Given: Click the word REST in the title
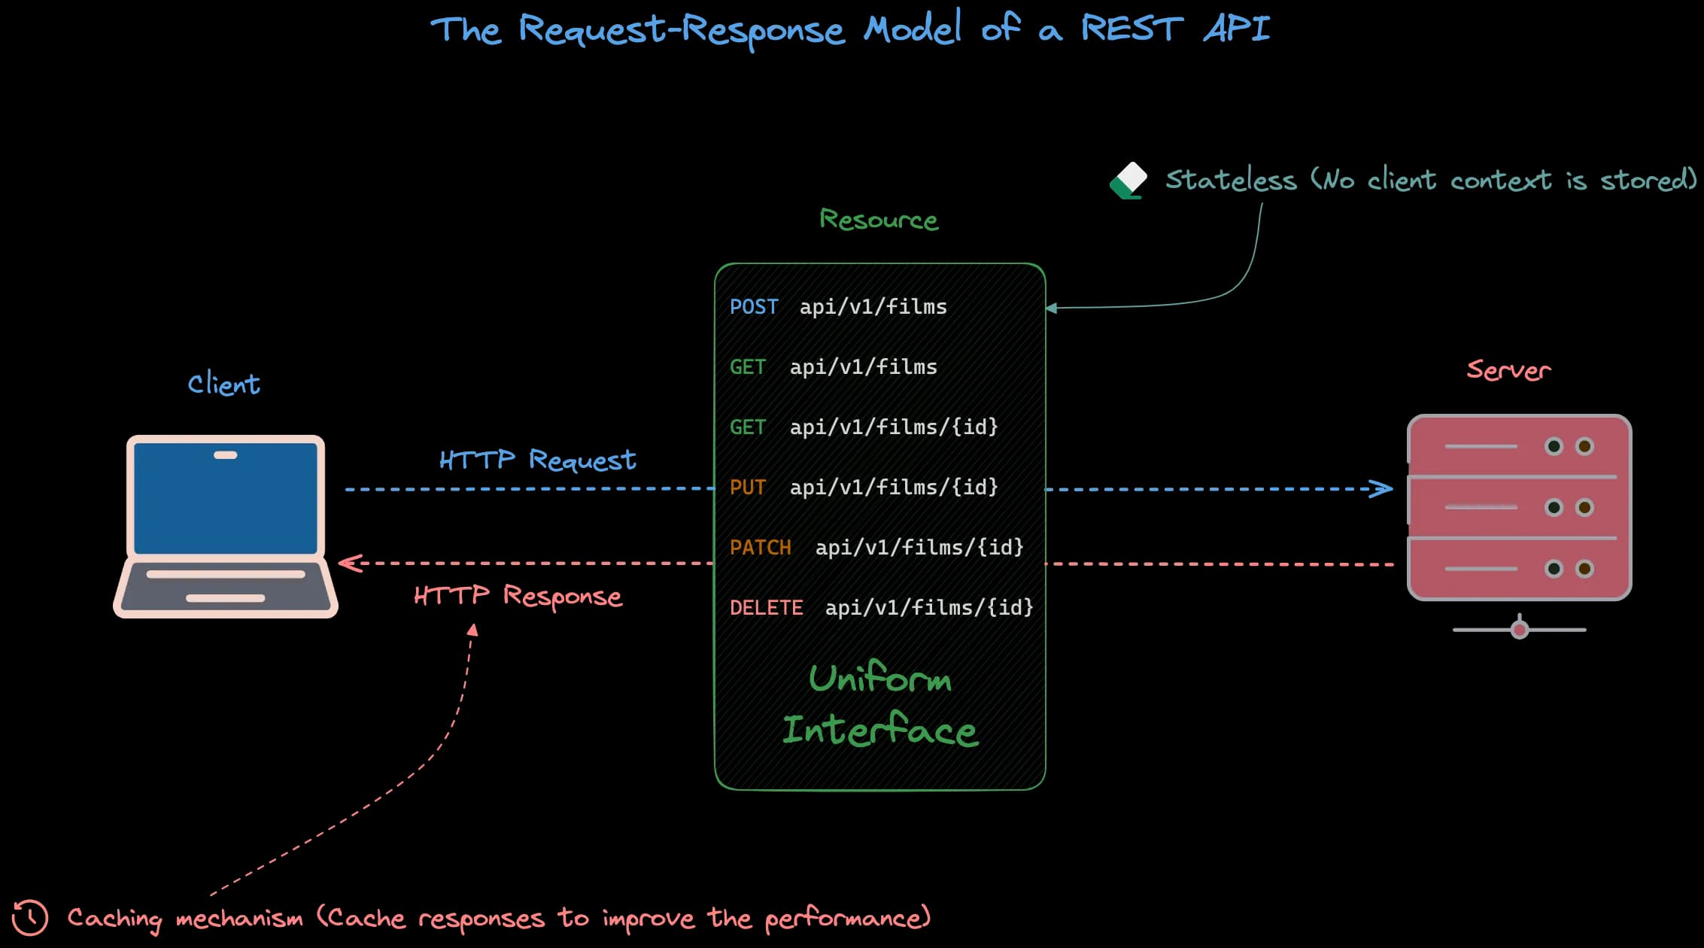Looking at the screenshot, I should [x=1132, y=29].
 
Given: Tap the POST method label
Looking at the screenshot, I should [x=754, y=307].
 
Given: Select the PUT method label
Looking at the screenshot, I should [x=747, y=488].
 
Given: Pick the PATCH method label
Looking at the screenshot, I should [x=760, y=548].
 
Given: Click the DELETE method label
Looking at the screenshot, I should [x=766, y=608].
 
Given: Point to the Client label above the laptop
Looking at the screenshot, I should [x=223, y=384].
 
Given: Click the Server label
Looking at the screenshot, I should [x=1508, y=370].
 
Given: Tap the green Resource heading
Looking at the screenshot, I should [x=879, y=220].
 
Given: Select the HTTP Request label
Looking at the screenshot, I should [x=537, y=460].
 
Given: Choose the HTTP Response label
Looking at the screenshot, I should [x=518, y=596].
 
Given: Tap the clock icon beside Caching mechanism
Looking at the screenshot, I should [x=30, y=917].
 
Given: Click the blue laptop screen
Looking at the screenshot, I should [x=226, y=497].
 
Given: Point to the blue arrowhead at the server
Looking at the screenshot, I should [x=1382, y=489].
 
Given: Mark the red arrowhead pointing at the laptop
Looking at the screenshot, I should [x=350, y=563].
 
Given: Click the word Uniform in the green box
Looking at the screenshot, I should [x=880, y=679].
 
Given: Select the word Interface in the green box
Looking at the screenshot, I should [x=880, y=731].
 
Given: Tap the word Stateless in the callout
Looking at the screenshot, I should [x=1231, y=180].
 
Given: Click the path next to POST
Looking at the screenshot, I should [x=873, y=307].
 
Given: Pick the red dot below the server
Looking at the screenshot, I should [x=1520, y=629].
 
